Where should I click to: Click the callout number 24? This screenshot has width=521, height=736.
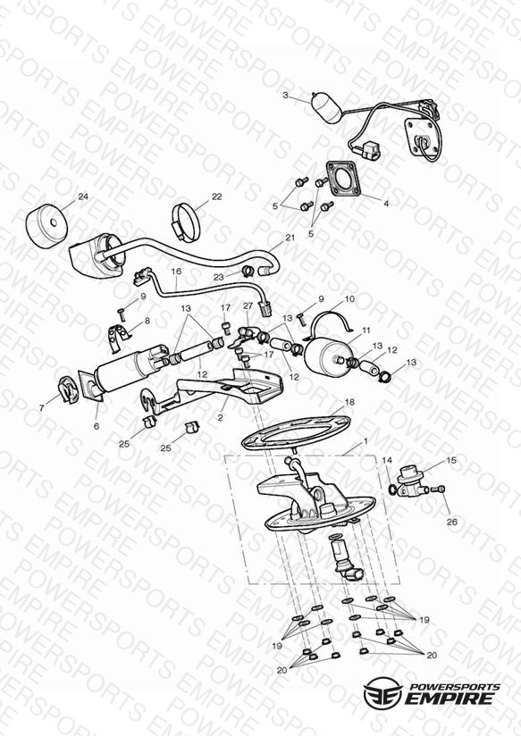(x=83, y=197)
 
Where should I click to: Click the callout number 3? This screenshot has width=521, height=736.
(x=285, y=96)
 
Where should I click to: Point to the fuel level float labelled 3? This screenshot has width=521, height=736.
(x=325, y=108)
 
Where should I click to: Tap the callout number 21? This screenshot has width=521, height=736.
(x=290, y=238)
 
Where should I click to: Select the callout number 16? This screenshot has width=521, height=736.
(x=176, y=272)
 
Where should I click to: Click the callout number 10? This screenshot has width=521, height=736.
(x=349, y=299)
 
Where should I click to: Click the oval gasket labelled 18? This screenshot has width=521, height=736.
(x=295, y=432)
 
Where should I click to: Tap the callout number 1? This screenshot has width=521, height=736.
(x=366, y=442)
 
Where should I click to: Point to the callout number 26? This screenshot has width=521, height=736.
(x=452, y=522)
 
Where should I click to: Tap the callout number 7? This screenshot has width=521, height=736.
(x=42, y=408)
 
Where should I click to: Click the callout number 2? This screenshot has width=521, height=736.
(x=220, y=417)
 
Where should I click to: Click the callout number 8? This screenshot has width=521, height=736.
(x=147, y=321)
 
